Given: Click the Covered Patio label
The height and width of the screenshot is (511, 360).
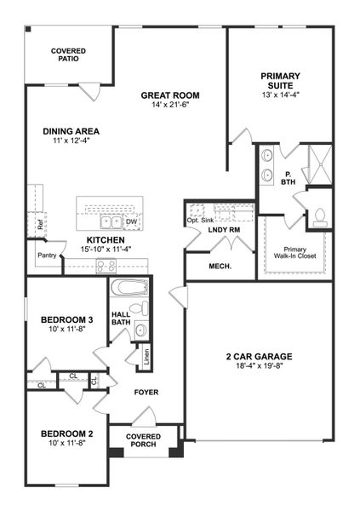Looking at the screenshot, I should point(68,55).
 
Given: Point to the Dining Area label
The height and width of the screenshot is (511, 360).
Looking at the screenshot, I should point(71,131).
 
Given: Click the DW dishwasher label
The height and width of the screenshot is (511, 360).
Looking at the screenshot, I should point(131,222).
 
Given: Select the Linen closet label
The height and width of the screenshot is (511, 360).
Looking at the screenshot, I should point(146,357).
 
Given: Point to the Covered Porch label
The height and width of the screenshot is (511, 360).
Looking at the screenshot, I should point(143,440).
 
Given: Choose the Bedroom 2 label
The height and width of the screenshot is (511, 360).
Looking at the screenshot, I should point(67,434).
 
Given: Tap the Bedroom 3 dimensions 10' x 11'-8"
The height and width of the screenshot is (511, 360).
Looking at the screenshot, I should point(67,330).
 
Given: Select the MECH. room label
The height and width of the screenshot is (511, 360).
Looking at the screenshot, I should point(220,267).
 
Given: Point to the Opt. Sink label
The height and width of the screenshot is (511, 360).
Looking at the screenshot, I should point(198,220).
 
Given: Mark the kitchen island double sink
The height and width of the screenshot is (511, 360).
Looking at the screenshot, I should point(110,222).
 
